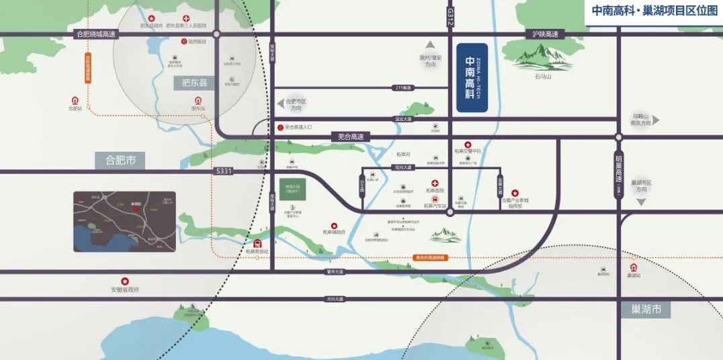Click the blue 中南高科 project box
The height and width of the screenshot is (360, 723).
click(x=472, y=77)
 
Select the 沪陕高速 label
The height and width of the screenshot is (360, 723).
click(x=545, y=34)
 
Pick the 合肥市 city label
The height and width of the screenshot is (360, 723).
click(x=120, y=161)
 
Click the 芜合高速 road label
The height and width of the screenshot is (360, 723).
click(x=350, y=136)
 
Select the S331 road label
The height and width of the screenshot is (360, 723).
click(x=224, y=172)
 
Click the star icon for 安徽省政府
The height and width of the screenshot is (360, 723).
click(x=124, y=281)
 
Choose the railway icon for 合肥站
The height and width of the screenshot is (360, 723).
click(x=74, y=101)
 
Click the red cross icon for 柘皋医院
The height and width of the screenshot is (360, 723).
click(x=435, y=183)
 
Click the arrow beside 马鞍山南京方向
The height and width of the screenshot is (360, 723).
click(x=656, y=120)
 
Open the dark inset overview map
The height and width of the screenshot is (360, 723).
click(x=124, y=222)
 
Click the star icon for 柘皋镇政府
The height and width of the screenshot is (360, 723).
click(x=333, y=226)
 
